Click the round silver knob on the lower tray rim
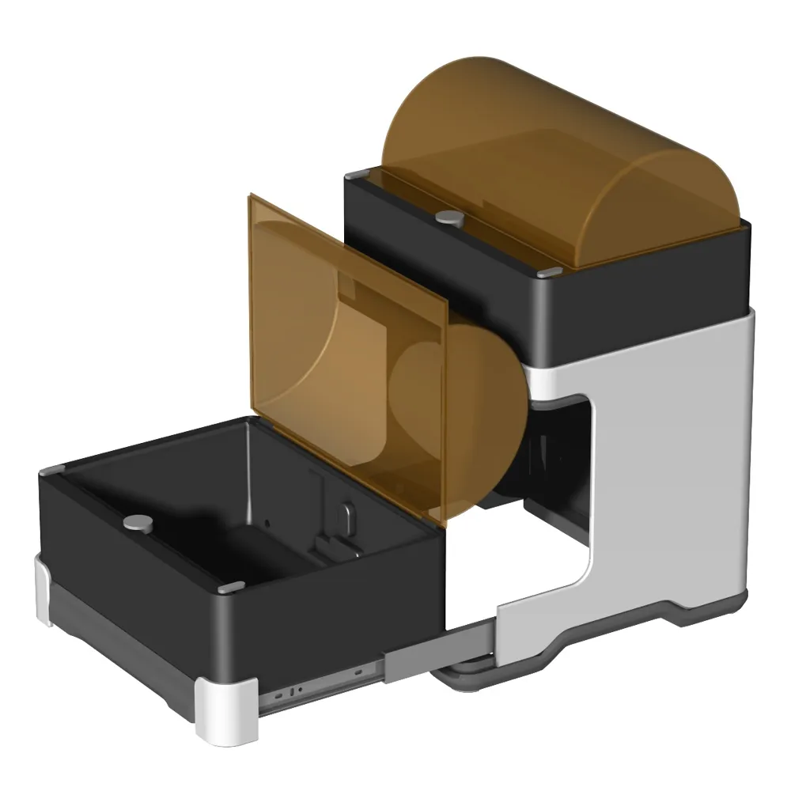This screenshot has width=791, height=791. pyautogui.click(x=140, y=521)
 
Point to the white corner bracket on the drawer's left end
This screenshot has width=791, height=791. pyautogui.click(x=44, y=589)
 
